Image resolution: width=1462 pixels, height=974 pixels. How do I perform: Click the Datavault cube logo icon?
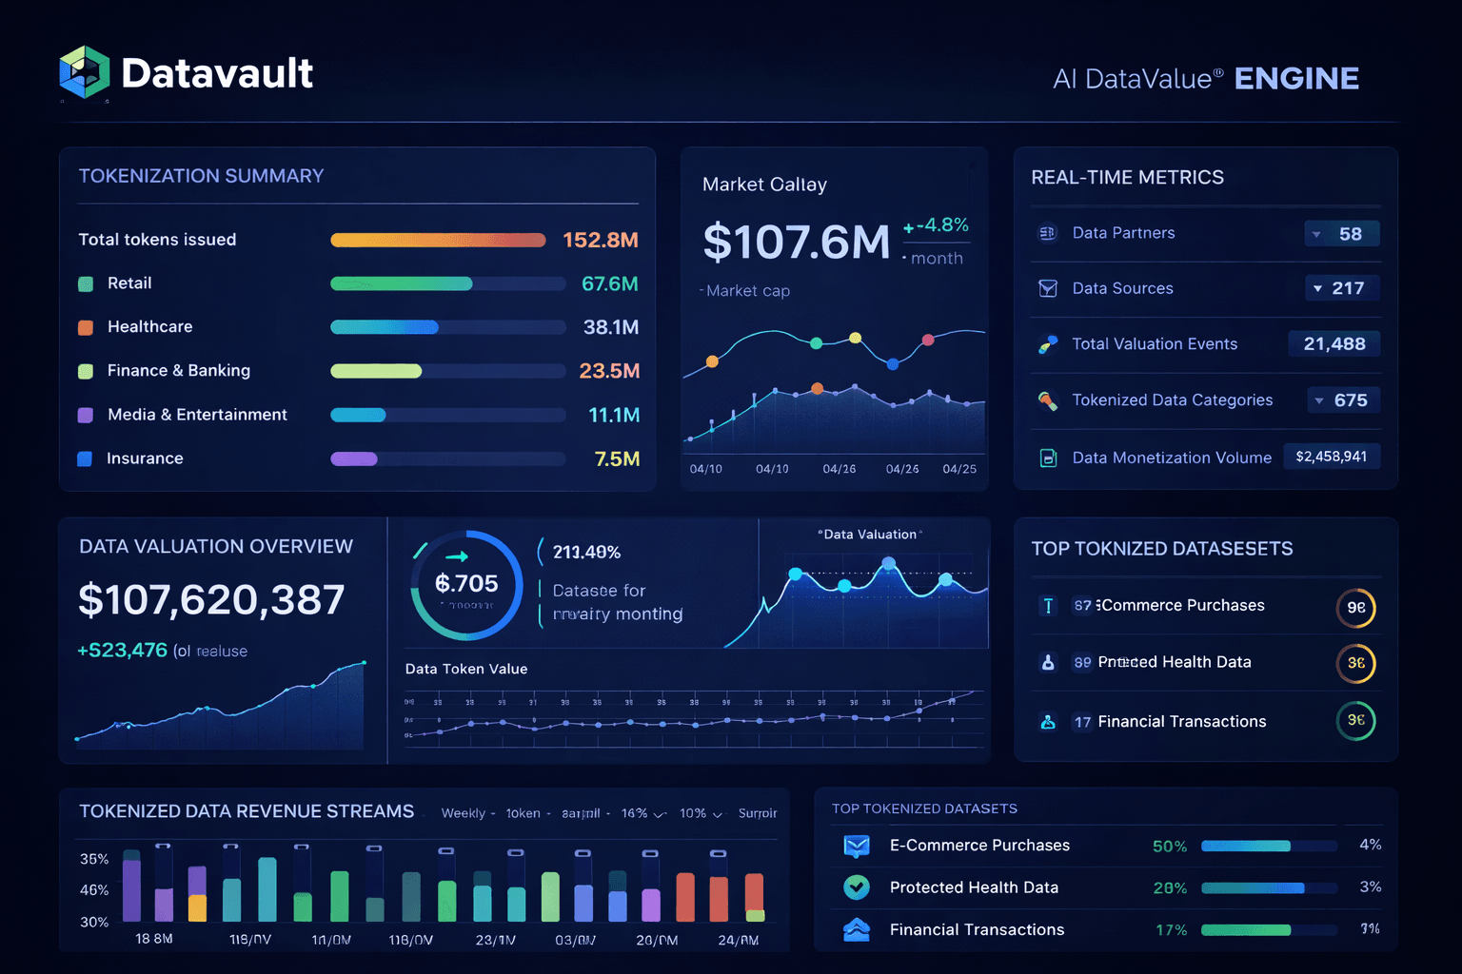tap(85, 72)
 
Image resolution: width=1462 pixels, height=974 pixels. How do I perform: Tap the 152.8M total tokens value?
tap(600, 240)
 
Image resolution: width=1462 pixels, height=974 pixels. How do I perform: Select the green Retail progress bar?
tap(401, 283)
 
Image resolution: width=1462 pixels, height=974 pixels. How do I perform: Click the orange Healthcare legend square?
tap(86, 327)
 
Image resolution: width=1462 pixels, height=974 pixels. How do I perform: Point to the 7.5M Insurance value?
tap(616, 458)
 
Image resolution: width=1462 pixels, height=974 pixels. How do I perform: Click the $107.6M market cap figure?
tap(796, 242)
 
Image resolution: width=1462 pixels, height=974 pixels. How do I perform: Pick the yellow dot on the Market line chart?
tap(855, 338)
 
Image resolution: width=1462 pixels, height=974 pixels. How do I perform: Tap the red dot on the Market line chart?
tap(928, 340)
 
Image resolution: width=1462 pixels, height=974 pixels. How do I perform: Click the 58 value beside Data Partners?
tap(1350, 234)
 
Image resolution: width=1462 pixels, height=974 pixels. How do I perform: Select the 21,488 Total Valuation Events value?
tap(1334, 344)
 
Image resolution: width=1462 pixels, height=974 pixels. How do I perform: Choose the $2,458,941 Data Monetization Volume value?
tap(1331, 457)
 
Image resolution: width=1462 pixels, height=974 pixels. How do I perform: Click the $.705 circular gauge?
tap(466, 584)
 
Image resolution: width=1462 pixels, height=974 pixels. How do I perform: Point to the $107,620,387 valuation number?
tap(211, 599)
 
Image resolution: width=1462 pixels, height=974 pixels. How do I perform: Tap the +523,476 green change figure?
tap(123, 651)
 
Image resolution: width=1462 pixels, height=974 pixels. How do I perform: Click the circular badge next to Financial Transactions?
tap(1355, 720)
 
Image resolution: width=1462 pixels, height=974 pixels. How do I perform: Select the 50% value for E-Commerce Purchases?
tap(1169, 847)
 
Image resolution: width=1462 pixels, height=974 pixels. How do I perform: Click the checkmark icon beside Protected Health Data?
tap(857, 887)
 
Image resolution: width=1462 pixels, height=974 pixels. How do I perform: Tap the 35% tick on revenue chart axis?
tap(94, 859)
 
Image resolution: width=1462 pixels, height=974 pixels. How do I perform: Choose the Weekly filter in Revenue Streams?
tap(464, 813)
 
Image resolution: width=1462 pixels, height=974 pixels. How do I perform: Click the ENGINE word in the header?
tap(1295, 78)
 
